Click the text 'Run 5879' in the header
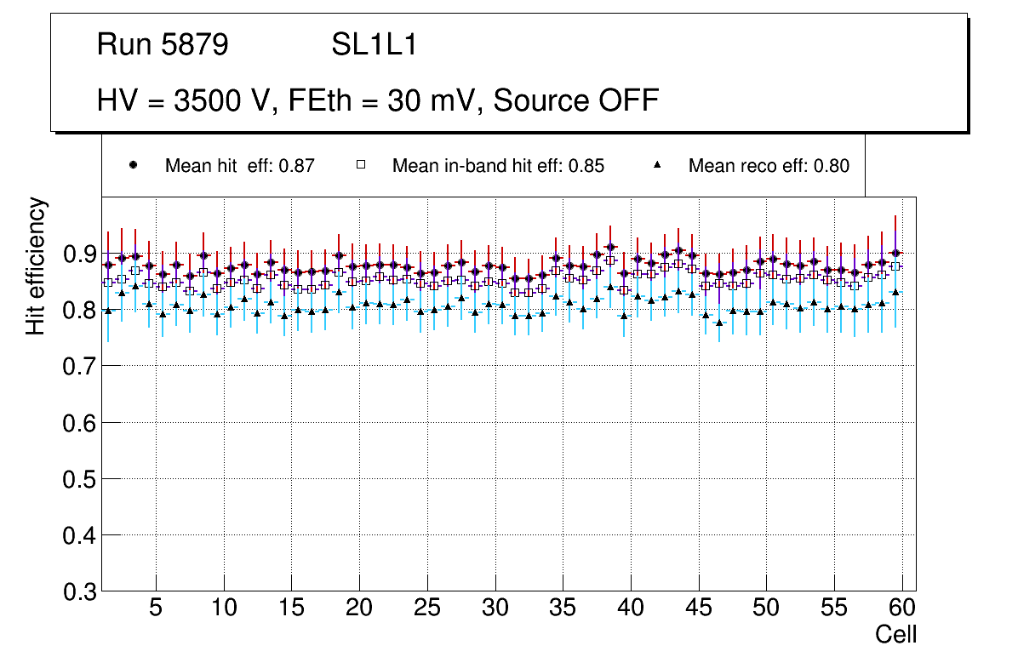tap(163, 45)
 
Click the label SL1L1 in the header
tap(374, 45)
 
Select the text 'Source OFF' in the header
tap(576, 100)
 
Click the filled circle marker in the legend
tap(133, 165)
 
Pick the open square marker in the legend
tap(360, 165)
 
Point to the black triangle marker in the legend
tap(656, 165)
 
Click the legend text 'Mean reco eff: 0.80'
tap(769, 166)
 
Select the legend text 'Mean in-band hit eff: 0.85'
tap(498, 166)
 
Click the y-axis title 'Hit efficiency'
tap(36, 266)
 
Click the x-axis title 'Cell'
tap(896, 634)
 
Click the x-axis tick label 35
tap(563, 608)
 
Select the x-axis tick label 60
tap(902, 608)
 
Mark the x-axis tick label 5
tap(156, 608)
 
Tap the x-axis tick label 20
tap(359, 608)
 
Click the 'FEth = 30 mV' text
tap(382, 100)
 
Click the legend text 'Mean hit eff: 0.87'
tap(240, 166)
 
